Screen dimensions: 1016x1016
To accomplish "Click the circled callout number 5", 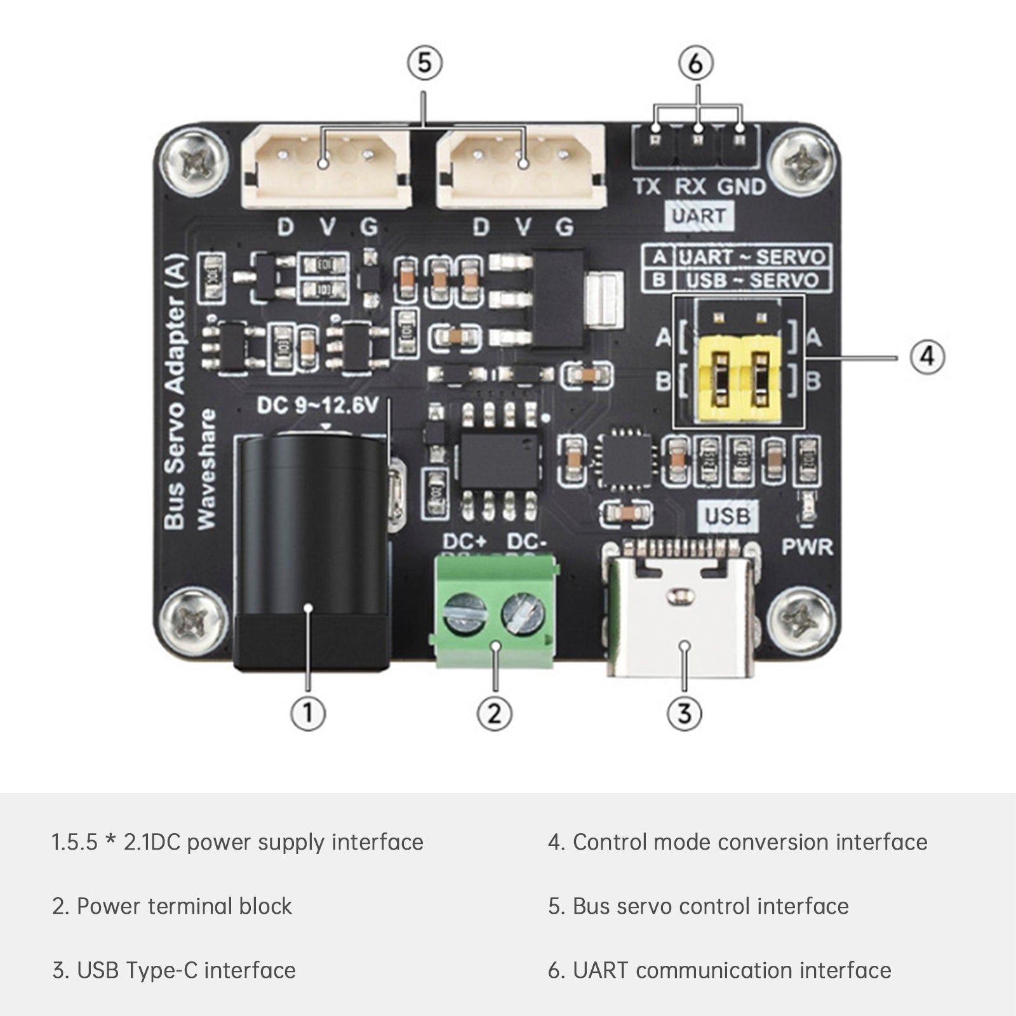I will pos(424,63).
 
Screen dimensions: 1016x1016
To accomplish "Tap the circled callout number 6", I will pos(696,63).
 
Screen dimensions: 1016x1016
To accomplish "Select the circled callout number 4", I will pos(927,356).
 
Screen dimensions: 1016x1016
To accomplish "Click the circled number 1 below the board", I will pos(308,712).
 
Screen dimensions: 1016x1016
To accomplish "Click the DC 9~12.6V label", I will pos(317,405).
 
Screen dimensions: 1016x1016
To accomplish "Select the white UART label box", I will pos(698,216).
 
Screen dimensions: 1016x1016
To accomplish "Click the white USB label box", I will pos(728,516).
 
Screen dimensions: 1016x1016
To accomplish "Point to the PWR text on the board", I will pos(806,547).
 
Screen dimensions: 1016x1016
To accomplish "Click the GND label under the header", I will pos(742,187).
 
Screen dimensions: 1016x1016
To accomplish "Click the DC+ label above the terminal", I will pos(465,542).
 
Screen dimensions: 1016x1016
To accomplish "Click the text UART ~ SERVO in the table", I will pos(751,257).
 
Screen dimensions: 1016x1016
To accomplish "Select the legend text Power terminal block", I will pos(184,906).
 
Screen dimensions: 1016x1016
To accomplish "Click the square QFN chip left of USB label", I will pos(625,458).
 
